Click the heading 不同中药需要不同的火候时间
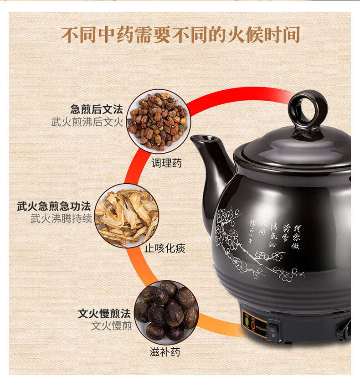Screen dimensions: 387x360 coord(180,35)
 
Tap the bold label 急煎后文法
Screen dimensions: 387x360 coord(96,110)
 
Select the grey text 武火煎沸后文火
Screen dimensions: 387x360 coord(87,122)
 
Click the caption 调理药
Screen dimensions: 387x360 coord(166,163)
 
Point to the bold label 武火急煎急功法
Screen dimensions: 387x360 coord(54,206)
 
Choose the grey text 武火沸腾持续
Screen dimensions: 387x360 coord(61,218)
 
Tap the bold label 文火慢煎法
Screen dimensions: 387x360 coord(104,314)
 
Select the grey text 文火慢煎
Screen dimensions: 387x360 coord(111,326)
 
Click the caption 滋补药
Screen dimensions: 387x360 coord(165,352)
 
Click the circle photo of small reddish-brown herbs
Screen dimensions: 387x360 coord(157,121)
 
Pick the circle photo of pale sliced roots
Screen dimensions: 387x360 coord(127,216)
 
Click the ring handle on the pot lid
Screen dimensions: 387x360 coord(308,109)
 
